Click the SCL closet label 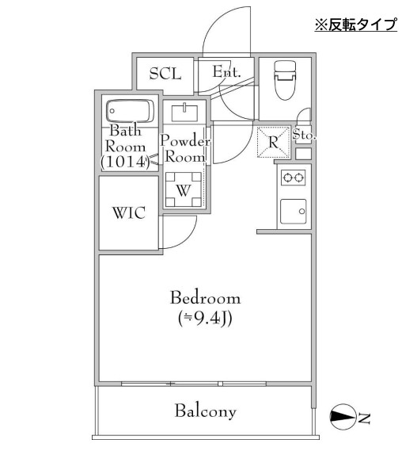[165, 74]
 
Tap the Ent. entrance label [226, 72]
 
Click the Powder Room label [186, 149]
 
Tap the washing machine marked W [184, 190]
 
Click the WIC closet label [128, 214]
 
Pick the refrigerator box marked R [272, 143]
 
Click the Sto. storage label [304, 136]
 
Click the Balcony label [206, 411]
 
